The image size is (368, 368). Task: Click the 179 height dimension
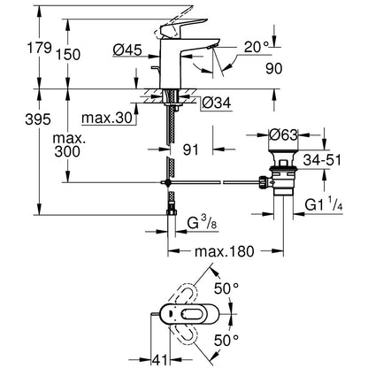coord(39,48)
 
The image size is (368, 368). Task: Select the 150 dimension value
coord(68,55)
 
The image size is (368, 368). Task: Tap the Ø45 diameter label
coord(127,50)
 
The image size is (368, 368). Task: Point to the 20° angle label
coord(257,47)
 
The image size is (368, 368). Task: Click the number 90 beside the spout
coord(274,69)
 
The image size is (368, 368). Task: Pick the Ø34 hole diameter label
coord(217,103)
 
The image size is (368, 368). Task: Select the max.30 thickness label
coord(107,119)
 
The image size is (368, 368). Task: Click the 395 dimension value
coord(38,119)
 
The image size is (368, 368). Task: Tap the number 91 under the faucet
coord(191,149)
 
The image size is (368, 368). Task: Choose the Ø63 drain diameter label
coord(284,135)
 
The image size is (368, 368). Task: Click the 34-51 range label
coord(322,160)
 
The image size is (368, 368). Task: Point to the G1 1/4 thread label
coord(324,204)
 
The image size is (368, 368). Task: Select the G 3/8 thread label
coord(203,224)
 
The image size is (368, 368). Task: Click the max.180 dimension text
coord(225,251)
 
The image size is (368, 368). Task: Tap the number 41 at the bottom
coord(159,360)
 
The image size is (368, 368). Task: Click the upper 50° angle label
coord(226,288)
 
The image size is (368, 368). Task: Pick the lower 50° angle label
coord(226,341)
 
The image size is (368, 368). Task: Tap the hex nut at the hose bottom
coord(172,212)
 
